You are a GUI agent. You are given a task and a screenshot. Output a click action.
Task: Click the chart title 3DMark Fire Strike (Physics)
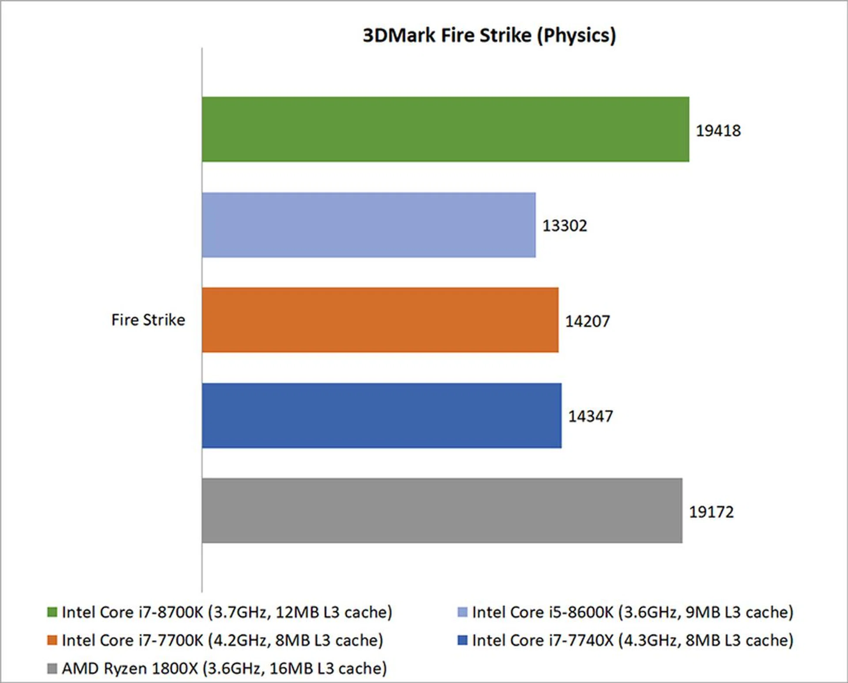tap(489, 35)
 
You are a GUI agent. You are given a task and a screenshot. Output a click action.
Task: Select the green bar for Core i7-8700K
tap(445, 129)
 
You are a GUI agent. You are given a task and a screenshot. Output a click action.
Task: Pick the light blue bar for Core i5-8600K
tap(369, 225)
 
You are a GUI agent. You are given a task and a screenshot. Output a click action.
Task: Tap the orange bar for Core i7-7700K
tap(380, 320)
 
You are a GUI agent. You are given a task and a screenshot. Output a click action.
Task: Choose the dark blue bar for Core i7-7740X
tap(382, 415)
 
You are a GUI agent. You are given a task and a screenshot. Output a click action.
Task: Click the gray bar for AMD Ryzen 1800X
tap(442, 510)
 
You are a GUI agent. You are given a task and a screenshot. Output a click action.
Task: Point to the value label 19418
tap(718, 131)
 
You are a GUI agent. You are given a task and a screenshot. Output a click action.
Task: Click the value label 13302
tap(564, 226)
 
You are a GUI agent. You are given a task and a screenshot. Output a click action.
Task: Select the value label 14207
tap(587, 321)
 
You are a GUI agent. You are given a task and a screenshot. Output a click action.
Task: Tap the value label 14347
tap(591, 416)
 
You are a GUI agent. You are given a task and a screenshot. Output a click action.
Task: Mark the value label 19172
tap(711, 512)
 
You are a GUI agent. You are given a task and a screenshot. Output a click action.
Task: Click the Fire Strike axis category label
tap(148, 320)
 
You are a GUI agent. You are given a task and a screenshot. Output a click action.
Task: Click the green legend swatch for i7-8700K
tap(52, 612)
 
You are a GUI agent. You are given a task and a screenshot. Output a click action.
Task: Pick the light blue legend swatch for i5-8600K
tap(462, 612)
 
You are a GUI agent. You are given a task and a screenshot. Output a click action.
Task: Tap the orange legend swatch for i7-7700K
tap(52, 640)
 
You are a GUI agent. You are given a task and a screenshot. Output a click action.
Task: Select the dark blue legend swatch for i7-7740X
tap(462, 640)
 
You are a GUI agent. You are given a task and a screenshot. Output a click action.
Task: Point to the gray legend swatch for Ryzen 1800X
tap(52, 668)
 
